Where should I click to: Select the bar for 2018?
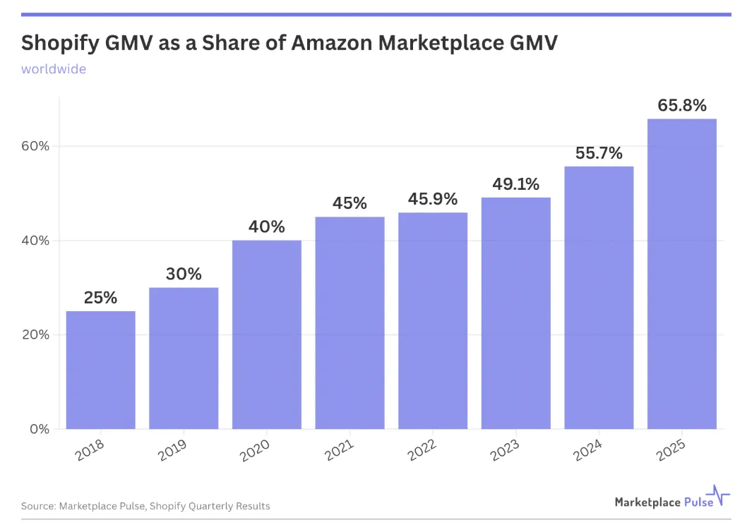click(101, 370)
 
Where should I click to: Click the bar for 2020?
click(267, 334)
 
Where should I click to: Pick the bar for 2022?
click(433, 320)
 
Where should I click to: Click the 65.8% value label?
click(682, 106)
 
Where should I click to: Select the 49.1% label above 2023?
click(515, 184)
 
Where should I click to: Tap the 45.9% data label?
click(433, 199)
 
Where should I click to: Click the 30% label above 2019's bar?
click(184, 274)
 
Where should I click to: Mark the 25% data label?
click(100, 298)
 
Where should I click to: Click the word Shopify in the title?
click(64, 44)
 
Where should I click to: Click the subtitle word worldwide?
click(54, 69)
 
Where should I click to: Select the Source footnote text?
click(145, 506)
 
